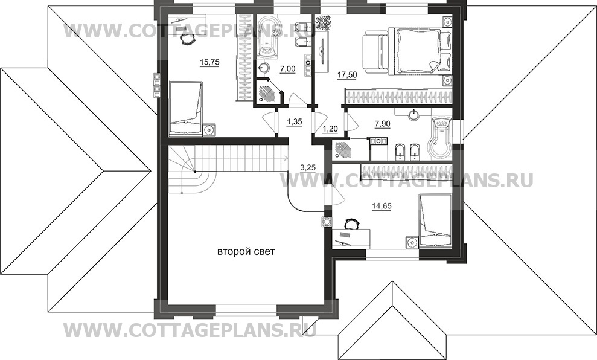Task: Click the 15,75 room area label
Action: click(209, 62)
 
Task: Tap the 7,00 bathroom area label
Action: click(287, 69)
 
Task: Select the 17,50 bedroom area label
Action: click(347, 75)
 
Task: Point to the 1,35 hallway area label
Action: click(295, 122)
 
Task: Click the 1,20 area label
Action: click(330, 129)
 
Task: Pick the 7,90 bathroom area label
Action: click(383, 124)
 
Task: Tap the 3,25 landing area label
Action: click(308, 167)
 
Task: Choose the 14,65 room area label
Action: click(382, 206)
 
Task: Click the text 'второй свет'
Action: click(246, 252)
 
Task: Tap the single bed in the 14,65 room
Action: click(436, 220)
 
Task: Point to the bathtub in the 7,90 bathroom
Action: click(441, 138)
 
